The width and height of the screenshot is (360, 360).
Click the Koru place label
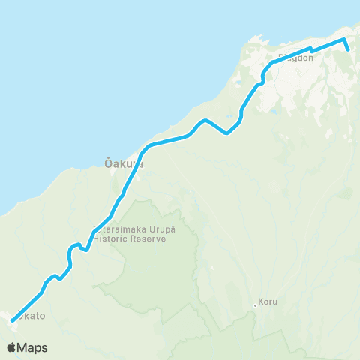tap(268, 302)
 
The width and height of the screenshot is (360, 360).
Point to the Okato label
tap(30, 316)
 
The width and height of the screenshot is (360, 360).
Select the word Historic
tap(109, 237)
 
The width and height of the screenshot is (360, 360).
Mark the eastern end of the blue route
tap(349, 50)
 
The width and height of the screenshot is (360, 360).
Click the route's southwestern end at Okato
tap(13, 321)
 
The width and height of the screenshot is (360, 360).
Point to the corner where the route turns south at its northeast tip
tap(344, 39)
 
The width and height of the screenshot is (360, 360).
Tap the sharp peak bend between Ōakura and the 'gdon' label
tap(204, 120)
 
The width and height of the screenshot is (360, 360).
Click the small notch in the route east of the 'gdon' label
tap(311, 50)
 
